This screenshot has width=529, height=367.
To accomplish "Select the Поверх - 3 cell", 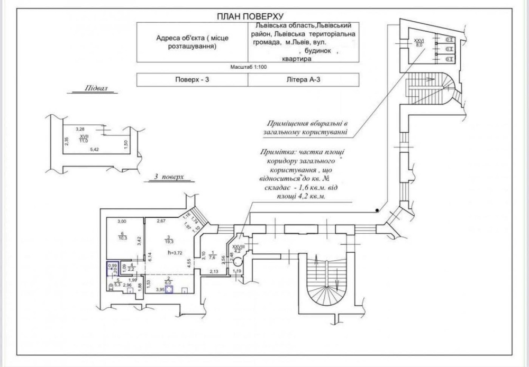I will point(191,79).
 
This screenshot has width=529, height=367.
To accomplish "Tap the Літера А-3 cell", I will point(303,79).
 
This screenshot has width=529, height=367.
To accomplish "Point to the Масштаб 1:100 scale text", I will point(248,68).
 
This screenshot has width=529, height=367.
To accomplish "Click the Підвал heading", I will point(96,88).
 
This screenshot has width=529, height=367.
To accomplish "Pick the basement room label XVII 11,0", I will point(83,138).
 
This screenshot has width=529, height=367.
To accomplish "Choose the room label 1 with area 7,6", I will point(212,255).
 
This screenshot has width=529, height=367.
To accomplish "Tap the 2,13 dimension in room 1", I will point(215,272).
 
